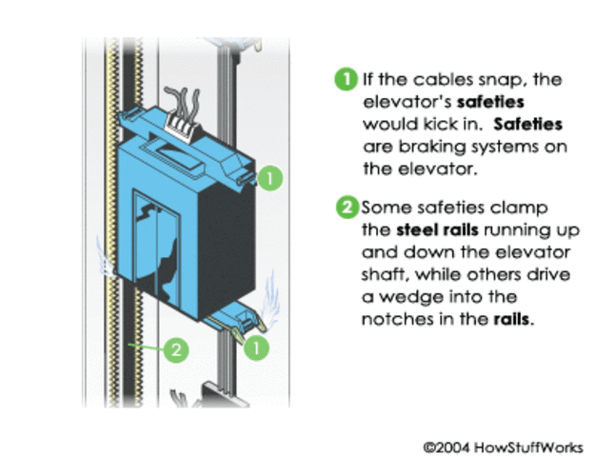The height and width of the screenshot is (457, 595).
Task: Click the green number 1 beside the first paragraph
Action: click(x=345, y=80)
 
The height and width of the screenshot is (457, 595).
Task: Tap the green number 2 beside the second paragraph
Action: click(x=345, y=207)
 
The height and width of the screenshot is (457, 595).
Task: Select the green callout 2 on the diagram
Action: click(x=174, y=350)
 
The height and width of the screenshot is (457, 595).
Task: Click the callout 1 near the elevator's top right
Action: click(x=271, y=177)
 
